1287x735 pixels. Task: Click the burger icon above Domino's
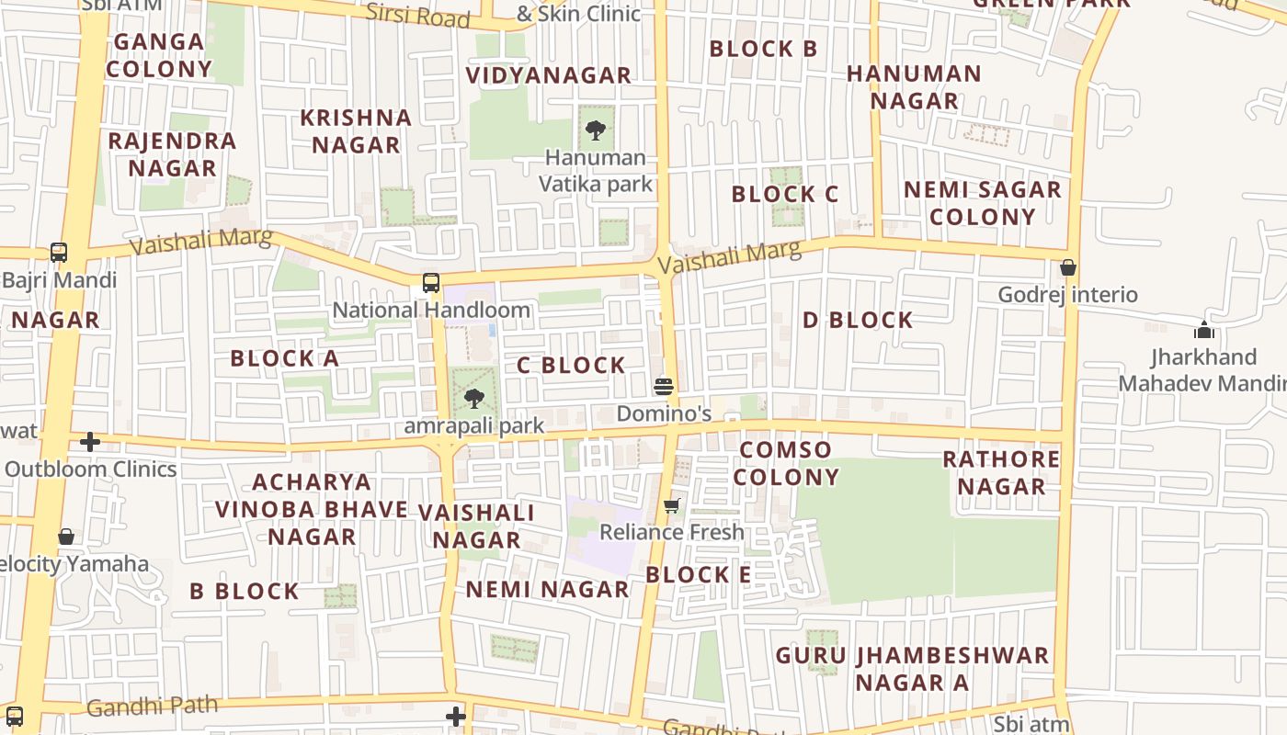664,386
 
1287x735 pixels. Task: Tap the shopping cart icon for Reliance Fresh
672,505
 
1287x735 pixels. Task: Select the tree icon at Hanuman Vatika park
596,130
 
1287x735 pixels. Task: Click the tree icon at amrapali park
473,399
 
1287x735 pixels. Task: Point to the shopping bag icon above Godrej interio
1067,267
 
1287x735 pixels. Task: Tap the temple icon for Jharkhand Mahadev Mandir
1203,330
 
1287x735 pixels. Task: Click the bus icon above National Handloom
431,283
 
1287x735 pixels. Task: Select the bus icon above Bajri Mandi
59,252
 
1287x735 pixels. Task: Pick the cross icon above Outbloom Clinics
89,442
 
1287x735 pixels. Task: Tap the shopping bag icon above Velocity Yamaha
66,536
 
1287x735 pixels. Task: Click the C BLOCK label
571,366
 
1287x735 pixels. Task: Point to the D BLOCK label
858,321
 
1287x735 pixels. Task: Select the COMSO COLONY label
786,463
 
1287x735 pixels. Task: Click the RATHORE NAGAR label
1001,472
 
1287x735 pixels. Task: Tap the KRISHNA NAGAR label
356,131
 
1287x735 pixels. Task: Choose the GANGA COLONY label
159,55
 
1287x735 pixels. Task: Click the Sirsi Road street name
417,15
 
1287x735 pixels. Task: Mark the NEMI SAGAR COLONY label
983,203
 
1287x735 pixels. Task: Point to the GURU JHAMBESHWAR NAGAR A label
912,669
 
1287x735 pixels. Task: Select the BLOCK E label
698,575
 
